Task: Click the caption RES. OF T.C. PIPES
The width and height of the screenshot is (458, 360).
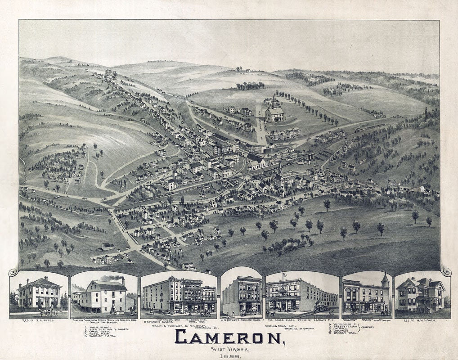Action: [x=38, y=320]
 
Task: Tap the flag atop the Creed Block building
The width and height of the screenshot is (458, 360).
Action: [x=284, y=274]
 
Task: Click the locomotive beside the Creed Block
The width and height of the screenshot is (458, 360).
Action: [x=320, y=308]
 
